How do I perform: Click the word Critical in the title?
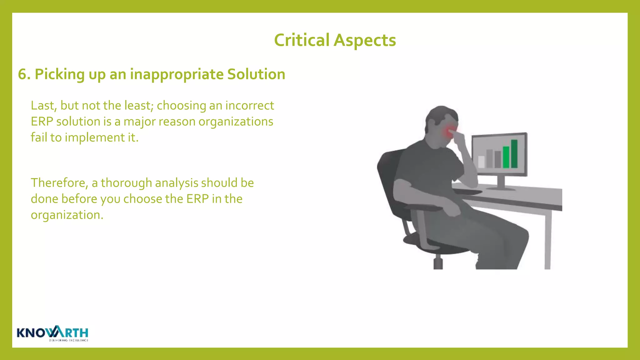coord(302,40)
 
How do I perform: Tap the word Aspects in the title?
coord(365,40)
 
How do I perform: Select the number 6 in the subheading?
coord(22,74)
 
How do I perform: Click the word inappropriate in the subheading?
coord(177,74)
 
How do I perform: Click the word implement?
coord(95,137)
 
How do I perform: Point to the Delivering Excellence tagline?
coord(68,340)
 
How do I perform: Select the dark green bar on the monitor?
coord(514,154)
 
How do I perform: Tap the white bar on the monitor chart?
coord(481,162)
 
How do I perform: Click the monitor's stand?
coord(501,183)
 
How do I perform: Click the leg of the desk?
coord(547,241)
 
